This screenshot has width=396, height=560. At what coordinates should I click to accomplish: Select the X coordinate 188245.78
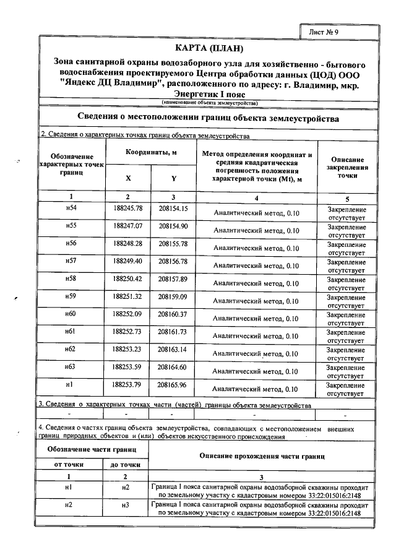[128, 209]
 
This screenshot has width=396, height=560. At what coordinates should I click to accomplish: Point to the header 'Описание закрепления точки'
[346, 167]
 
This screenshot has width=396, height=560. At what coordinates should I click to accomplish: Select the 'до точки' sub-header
[126, 464]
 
